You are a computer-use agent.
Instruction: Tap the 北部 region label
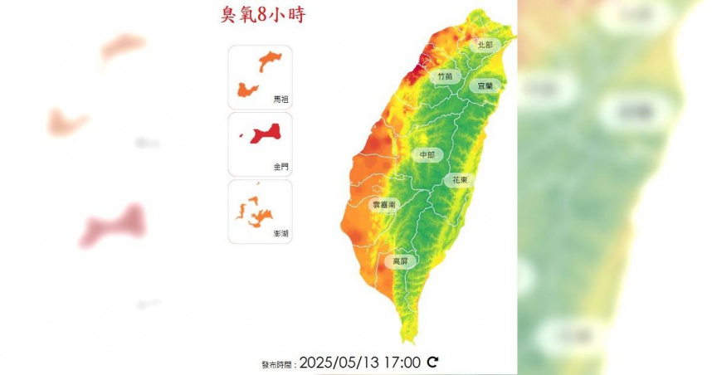tap(485, 45)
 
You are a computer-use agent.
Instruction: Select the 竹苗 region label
tap(446, 76)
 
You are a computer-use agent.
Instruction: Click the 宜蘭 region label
tap(485, 85)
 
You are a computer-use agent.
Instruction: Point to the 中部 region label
tap(427, 154)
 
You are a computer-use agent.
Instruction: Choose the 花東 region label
tap(459, 179)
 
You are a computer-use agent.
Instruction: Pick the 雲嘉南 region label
tap(383, 204)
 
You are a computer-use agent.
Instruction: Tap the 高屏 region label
tap(400, 261)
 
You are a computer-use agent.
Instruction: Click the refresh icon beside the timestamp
tap(432, 362)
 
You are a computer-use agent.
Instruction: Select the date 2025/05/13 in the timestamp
tap(340, 362)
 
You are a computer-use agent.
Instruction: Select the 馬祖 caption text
tap(281, 99)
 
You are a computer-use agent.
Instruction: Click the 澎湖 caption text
tap(281, 235)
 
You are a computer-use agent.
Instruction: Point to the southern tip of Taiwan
tap(407, 338)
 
